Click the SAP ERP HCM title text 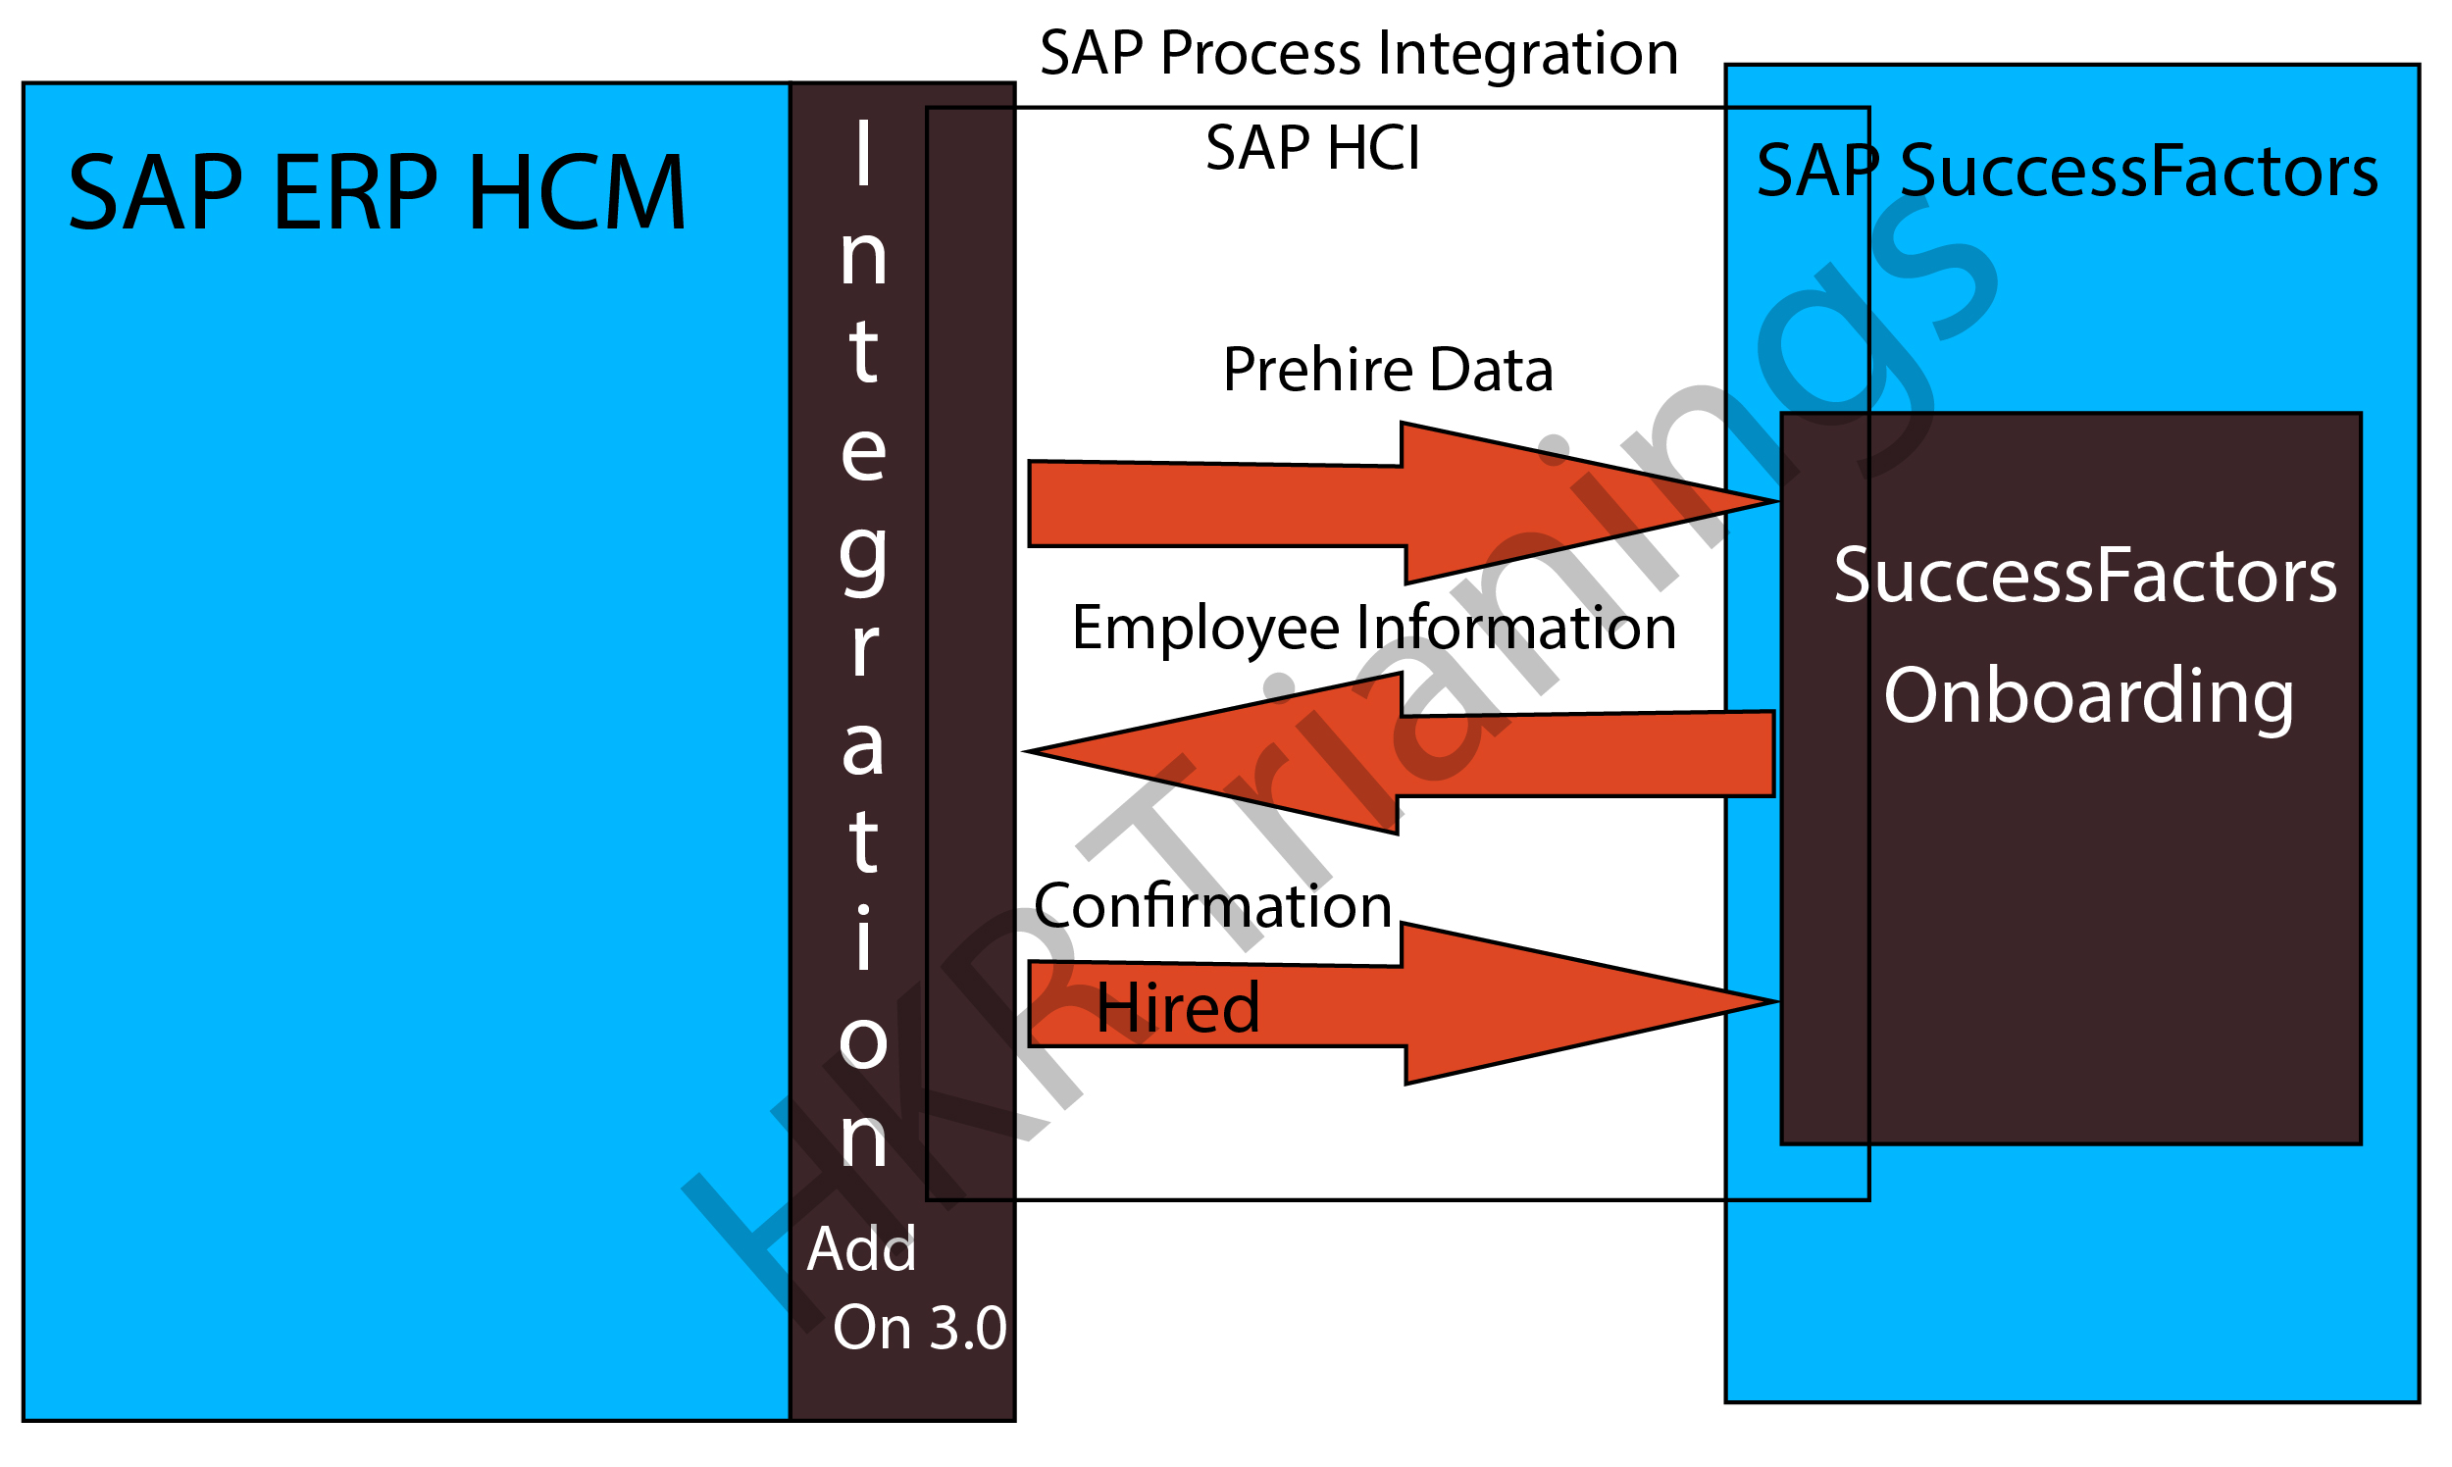tap(377, 193)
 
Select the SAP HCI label tap(1312, 148)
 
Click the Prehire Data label tap(1387, 370)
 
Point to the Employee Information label tap(1373, 628)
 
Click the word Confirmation tap(1212, 905)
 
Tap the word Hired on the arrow tap(1177, 1008)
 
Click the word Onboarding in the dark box tap(2088, 697)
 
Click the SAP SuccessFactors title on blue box tap(2067, 172)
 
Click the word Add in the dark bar tap(861, 1249)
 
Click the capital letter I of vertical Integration tap(863, 152)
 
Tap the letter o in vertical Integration tap(863, 1043)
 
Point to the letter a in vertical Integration tap(863, 748)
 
